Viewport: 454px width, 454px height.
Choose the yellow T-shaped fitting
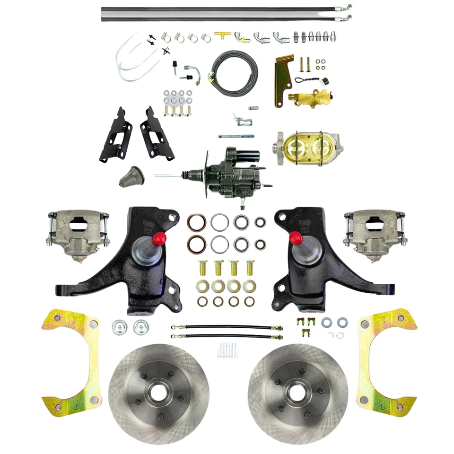coord(221,36)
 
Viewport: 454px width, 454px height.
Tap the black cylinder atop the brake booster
coord(246,156)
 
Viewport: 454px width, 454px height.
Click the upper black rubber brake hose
coord(227,327)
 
